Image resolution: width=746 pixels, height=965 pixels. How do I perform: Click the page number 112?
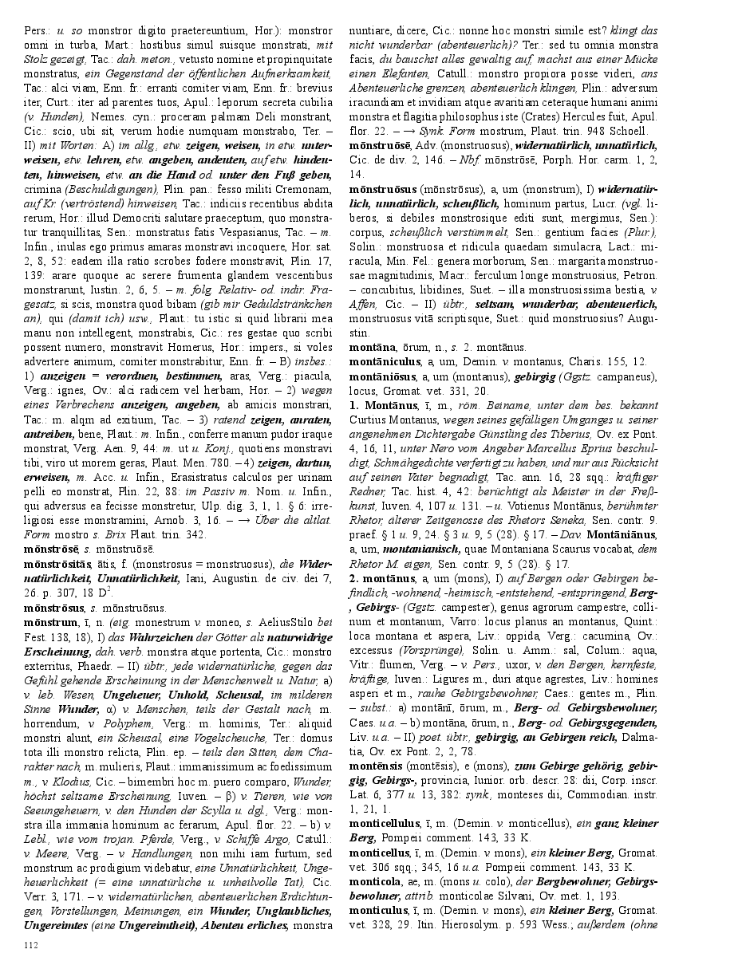pyautogui.click(x=33, y=945)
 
